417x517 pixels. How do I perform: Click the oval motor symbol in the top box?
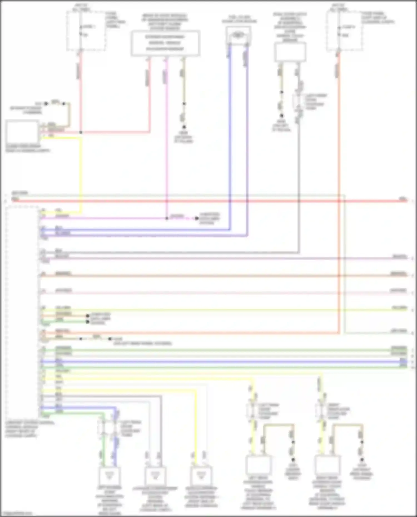pos(238,35)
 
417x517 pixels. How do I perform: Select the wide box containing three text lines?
pos(165,43)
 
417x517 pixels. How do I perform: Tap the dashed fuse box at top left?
pos(86,31)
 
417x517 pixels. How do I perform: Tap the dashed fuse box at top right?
pos(345,31)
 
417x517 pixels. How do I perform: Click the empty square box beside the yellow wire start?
pos(22,132)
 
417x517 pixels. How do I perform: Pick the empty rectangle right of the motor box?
pos(290,52)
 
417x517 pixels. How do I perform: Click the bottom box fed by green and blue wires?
pos(110,476)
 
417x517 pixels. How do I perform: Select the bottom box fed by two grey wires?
pos(155,476)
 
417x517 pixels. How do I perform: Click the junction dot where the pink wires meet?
pos(81,133)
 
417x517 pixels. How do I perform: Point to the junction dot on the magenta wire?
pos(167,218)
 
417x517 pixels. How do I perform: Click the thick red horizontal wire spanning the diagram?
pos(209,201)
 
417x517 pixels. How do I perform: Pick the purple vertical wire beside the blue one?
pos(247,139)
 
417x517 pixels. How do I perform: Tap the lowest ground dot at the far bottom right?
pos(362,460)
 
